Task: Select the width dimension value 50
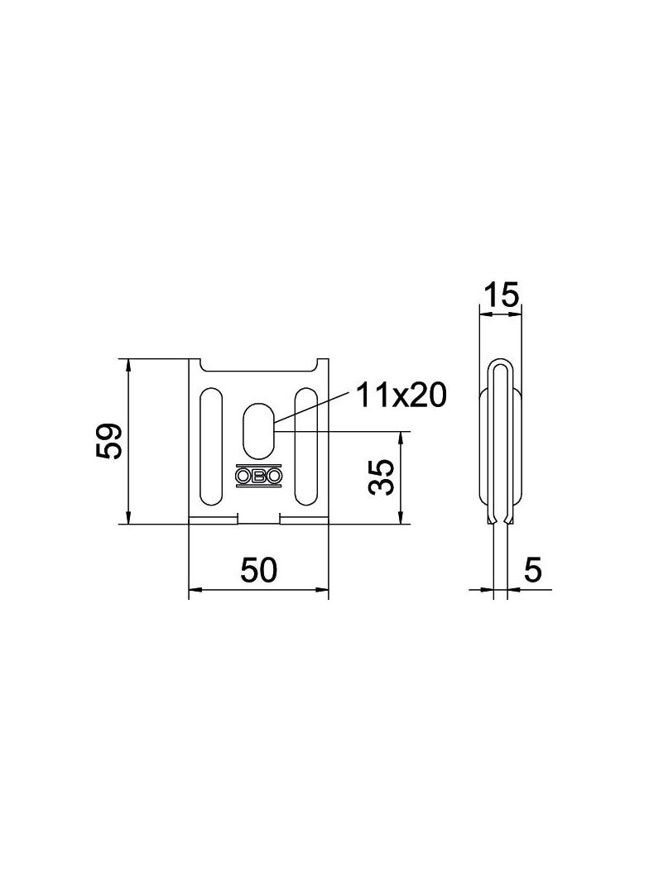point(258,570)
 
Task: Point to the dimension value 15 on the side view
point(501,294)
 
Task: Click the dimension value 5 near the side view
point(533,570)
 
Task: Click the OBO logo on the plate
point(258,477)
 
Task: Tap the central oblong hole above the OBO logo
point(258,429)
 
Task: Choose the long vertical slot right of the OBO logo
point(306,447)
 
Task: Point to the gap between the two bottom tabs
point(259,520)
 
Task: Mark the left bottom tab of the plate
point(214,520)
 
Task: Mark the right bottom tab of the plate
point(304,520)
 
